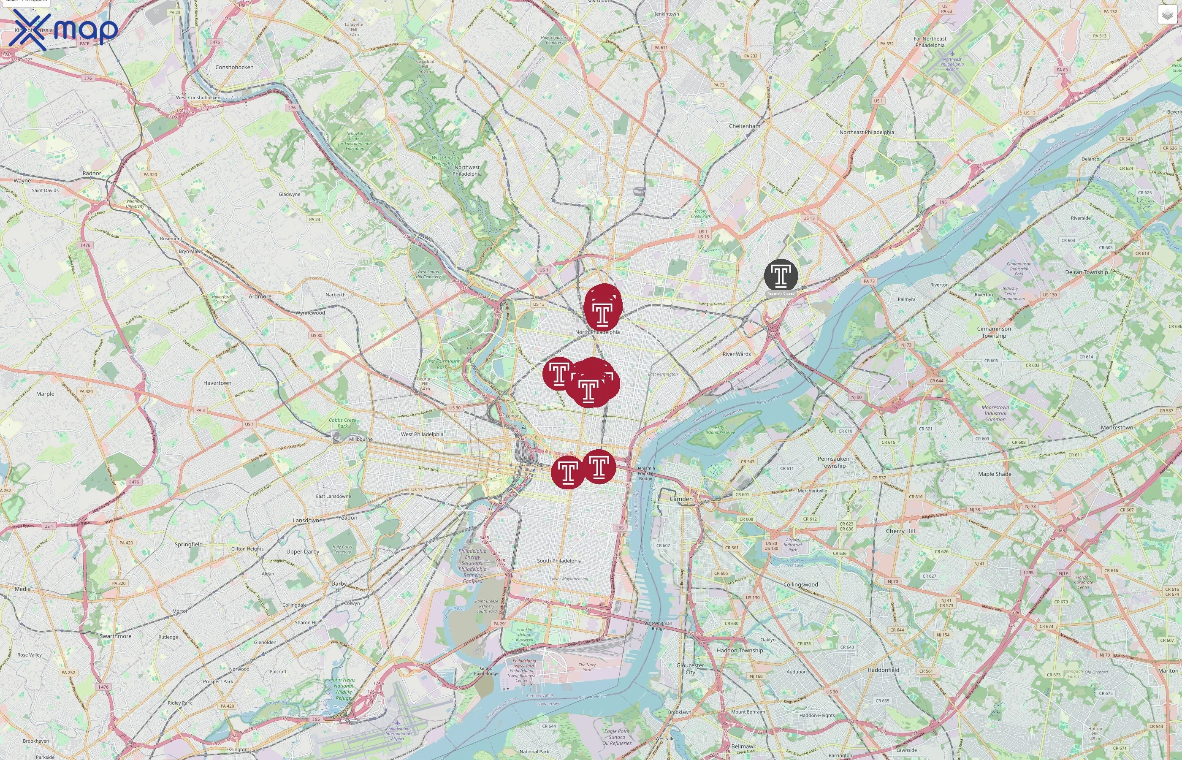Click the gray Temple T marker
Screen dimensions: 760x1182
[781, 275]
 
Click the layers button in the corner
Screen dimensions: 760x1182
[1167, 15]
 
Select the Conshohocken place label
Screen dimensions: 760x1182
[234, 67]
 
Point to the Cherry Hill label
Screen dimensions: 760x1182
[900, 531]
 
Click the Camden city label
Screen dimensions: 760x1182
[681, 499]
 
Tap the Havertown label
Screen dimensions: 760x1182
[217, 383]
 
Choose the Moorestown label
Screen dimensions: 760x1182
[1117, 427]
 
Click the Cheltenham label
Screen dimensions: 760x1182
[744, 126]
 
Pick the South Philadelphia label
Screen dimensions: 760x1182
[559, 561]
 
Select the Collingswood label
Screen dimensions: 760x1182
[800, 584]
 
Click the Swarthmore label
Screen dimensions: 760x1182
[115, 636]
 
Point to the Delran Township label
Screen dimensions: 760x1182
[1086, 272]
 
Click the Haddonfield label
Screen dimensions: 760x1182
[883, 670]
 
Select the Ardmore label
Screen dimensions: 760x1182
[260, 296]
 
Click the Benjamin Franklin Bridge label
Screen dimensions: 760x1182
[645, 473]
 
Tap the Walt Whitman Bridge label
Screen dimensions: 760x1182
[658, 625]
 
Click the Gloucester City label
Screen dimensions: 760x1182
[690, 669]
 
